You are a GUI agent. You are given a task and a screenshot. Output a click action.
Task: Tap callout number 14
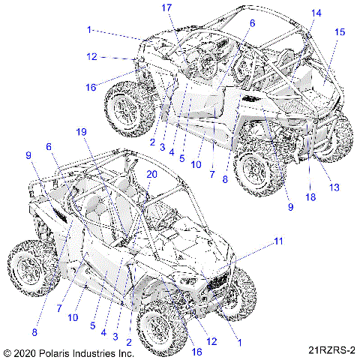pos(316,13)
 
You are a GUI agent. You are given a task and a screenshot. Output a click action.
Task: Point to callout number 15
pos(340,32)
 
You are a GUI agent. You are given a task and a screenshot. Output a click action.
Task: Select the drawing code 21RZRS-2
pos(330,350)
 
